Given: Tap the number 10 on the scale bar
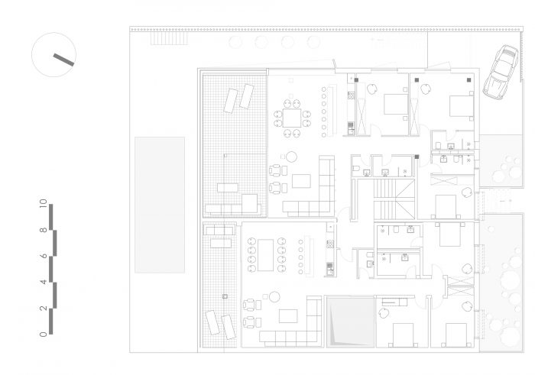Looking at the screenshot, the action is [x=43, y=203].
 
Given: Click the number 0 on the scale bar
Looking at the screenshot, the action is [x=43, y=334].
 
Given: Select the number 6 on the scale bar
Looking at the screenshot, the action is [x=44, y=256].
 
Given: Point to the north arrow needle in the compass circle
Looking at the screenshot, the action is [x=63, y=60].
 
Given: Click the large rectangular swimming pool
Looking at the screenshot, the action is [x=160, y=205].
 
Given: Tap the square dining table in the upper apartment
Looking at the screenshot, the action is [x=292, y=118].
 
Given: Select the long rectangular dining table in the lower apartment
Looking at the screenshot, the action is [x=265, y=255].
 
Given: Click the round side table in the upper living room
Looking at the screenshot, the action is [x=291, y=157].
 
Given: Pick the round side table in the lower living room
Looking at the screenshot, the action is [x=274, y=297].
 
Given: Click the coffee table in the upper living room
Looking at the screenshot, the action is [x=301, y=181].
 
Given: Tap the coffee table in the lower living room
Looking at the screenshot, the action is [x=288, y=316].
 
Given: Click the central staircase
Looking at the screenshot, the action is [x=394, y=199].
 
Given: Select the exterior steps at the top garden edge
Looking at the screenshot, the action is [x=169, y=38].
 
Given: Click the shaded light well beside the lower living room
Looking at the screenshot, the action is [x=351, y=322].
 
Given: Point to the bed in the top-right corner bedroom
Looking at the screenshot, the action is [x=462, y=106].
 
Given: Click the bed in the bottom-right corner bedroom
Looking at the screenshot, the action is [x=456, y=335].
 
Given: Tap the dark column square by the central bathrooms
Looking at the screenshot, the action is [x=417, y=157].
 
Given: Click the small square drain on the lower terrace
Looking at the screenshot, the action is [x=225, y=296].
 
